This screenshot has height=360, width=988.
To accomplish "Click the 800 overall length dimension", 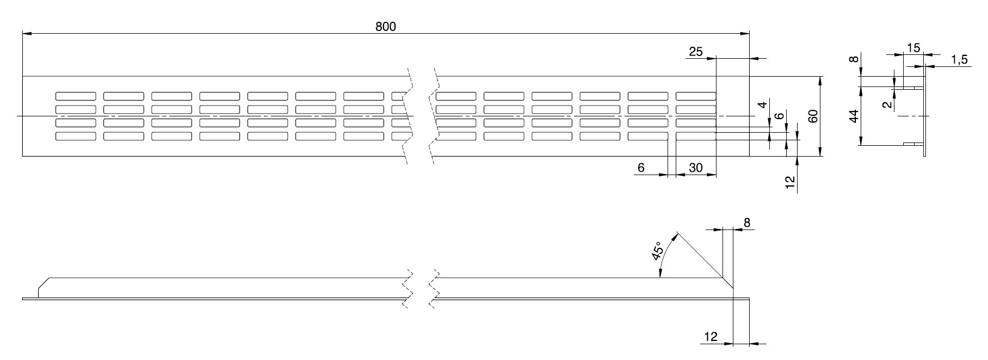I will coord(385,26).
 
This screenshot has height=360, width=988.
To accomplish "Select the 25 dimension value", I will coord(696,52).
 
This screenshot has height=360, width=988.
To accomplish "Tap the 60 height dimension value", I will coord(813,116).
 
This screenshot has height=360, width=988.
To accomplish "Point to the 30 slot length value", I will coord(696,168).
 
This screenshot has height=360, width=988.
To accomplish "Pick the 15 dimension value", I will coord(914,48).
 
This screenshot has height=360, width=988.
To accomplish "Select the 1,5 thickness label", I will coord(960,60).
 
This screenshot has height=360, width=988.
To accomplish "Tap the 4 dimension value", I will coord(764,105).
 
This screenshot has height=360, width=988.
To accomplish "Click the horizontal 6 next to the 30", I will coord(641,168).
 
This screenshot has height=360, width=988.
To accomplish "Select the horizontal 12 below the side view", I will coord(711,337).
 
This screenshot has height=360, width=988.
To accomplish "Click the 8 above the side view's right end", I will coord(746,222).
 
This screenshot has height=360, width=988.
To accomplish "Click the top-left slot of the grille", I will coord(76,96).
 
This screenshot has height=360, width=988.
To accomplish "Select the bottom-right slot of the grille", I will coord(695,136).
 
